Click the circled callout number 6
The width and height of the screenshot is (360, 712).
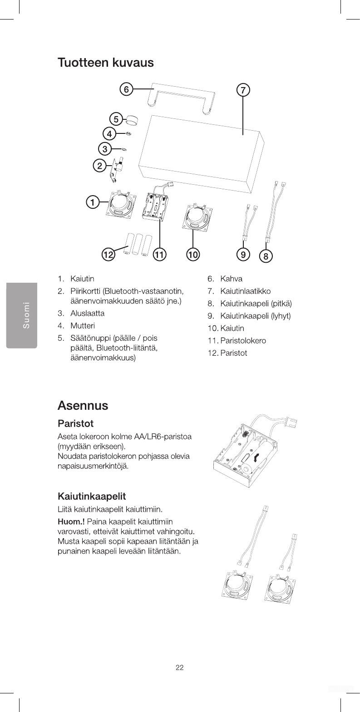point(126,89)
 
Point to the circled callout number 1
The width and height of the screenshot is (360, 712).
point(93,202)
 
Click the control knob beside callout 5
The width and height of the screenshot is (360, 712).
point(132,120)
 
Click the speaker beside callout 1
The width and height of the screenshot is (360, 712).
point(120,205)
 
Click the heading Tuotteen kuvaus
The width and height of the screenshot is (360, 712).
point(105,62)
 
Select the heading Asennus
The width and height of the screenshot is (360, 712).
point(83,405)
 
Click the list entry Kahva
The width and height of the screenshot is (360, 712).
point(231,278)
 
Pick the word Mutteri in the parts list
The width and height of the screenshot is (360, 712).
point(82,326)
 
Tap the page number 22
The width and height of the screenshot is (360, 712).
point(180,667)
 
